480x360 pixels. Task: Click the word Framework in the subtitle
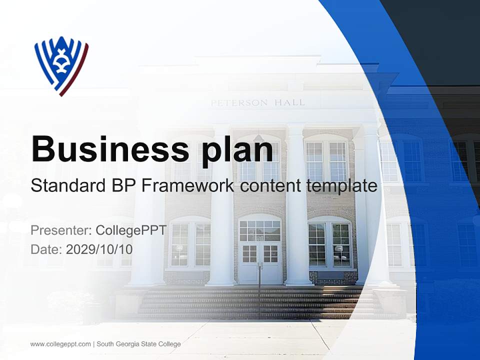pos(188,186)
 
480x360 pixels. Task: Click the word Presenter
pos(60,230)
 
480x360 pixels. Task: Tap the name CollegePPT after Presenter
pos(131,230)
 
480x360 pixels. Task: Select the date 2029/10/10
pos(99,249)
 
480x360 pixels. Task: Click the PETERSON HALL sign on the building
pos(257,103)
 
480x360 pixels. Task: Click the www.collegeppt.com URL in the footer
pos(60,344)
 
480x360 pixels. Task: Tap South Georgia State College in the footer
pos(138,344)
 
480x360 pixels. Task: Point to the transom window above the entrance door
pos(259,230)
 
